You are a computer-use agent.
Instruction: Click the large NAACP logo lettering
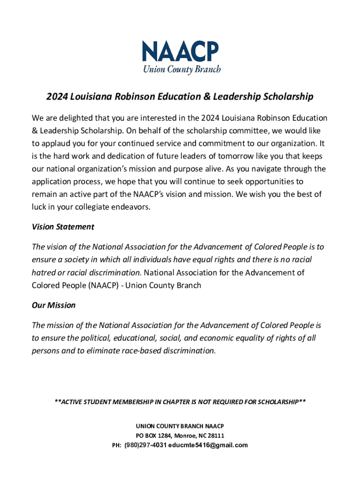(180, 52)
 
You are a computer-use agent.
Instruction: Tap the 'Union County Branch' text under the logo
(181, 69)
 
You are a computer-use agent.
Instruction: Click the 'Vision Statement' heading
(63, 227)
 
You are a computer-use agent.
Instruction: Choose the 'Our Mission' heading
(53, 305)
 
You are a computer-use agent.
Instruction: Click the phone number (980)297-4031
(144, 445)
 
